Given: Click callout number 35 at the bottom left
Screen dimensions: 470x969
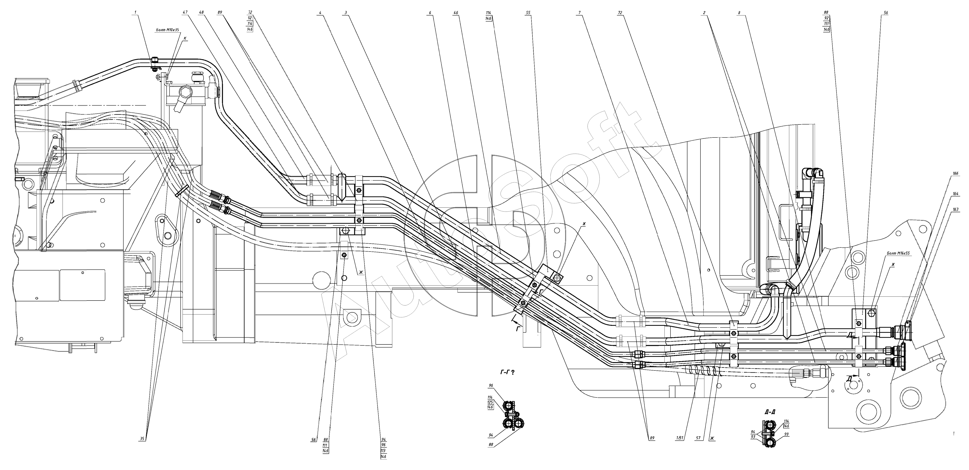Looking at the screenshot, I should (x=142, y=438).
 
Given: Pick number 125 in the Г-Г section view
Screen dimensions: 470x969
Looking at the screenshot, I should (x=490, y=402).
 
